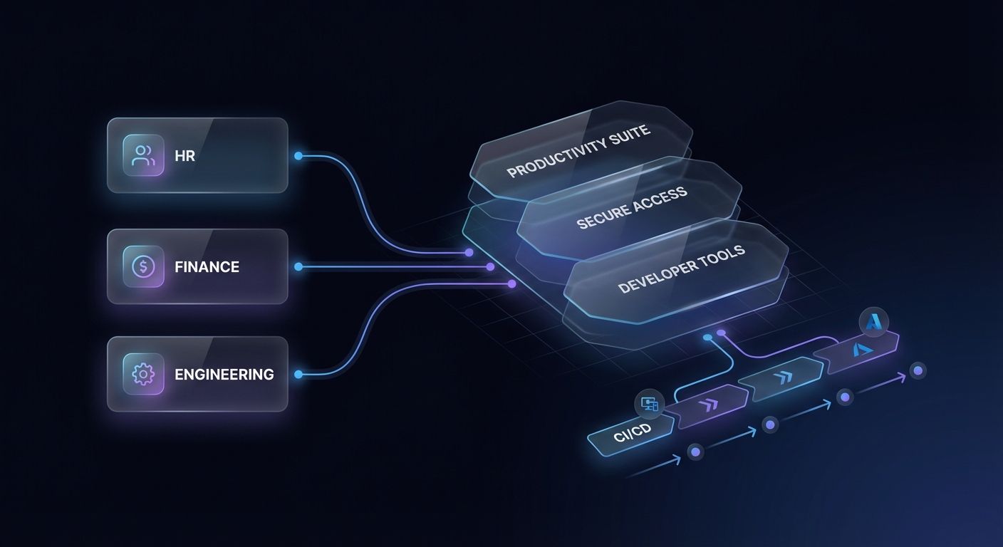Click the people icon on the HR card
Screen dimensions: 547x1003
[x=143, y=155]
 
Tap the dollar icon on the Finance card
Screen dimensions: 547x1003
[x=143, y=267]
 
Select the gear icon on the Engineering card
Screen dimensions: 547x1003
[x=143, y=374]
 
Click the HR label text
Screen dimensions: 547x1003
[x=185, y=156]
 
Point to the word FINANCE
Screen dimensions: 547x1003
[x=207, y=267]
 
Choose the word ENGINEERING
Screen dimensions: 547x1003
[x=224, y=374]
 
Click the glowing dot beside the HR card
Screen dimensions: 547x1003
[x=298, y=155]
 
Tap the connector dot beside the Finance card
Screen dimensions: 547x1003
[x=298, y=266]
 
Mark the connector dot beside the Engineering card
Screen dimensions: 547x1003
[x=298, y=374]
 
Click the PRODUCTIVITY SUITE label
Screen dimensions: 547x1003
[x=579, y=152]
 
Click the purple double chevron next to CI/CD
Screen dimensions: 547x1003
[x=709, y=405]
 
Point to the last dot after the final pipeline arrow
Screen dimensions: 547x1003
[x=918, y=370]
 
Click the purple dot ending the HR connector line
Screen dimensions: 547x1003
[x=469, y=252]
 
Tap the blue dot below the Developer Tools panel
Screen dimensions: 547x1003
[x=707, y=338]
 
